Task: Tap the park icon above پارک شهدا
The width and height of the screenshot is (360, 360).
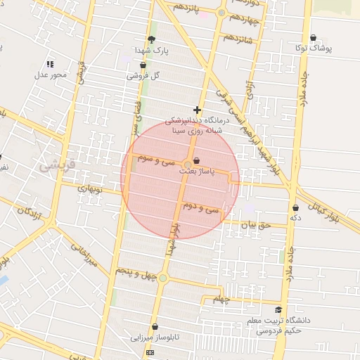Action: point(152,39)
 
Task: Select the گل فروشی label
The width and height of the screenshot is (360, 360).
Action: point(143,75)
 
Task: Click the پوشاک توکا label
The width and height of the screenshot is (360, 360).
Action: point(313,49)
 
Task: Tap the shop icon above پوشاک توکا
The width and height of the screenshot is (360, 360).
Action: point(313,38)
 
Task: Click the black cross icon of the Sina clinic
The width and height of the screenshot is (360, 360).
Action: point(197,110)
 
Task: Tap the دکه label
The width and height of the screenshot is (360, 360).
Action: point(296,219)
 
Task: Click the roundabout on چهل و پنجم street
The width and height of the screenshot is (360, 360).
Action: point(163,278)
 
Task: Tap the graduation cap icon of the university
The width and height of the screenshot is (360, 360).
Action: point(278,309)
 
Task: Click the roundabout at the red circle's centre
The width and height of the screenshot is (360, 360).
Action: point(181,165)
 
